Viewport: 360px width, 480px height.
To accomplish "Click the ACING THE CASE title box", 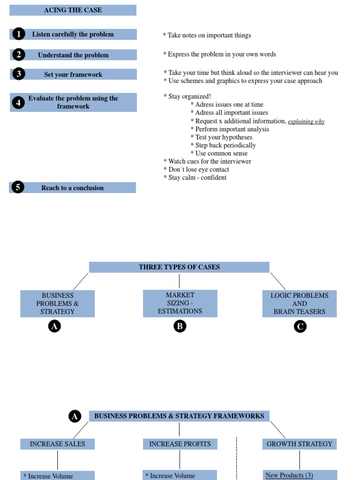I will pyautogui.click(x=73, y=10).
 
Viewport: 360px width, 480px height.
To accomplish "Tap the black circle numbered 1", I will pyautogui.click(x=18, y=34).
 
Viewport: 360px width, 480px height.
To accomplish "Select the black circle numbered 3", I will pyautogui.click(x=18, y=74).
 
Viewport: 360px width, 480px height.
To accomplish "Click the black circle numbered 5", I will pyautogui.click(x=18, y=187).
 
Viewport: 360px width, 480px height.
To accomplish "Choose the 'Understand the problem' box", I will pyautogui.click(x=73, y=55).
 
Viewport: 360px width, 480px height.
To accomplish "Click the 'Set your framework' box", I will pyautogui.click(x=73, y=75).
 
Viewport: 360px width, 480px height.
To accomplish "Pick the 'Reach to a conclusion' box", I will pyautogui.click(x=73, y=188).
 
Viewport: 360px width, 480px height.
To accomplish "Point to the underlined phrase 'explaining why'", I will pyautogui.click(x=306, y=121).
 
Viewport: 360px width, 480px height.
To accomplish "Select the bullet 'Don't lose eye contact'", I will pyautogui.click(x=196, y=169).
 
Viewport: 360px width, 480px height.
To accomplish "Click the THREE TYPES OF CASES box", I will pyautogui.click(x=179, y=267).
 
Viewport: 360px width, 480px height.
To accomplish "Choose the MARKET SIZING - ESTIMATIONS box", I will pyautogui.click(x=180, y=303).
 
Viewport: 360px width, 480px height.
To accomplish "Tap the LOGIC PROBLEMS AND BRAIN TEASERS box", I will pyautogui.click(x=300, y=304).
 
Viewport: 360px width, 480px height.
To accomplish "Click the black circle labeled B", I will pyautogui.click(x=180, y=327).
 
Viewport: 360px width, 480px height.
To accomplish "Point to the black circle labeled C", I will pyautogui.click(x=300, y=327).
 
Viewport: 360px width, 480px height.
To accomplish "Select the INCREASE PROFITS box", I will pyautogui.click(x=180, y=444).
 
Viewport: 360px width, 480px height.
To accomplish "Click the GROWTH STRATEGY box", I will pyautogui.click(x=300, y=444).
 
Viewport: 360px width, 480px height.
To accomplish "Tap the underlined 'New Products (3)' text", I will pyautogui.click(x=289, y=475).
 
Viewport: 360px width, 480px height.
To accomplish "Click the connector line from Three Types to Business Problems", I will pyautogui.click(x=81, y=281).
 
